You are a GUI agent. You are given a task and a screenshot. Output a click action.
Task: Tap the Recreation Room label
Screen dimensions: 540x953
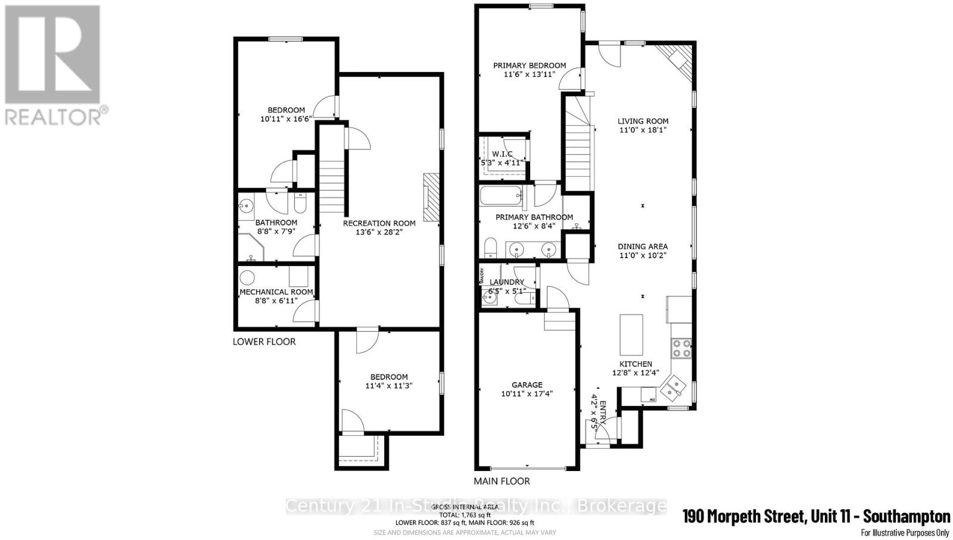379,223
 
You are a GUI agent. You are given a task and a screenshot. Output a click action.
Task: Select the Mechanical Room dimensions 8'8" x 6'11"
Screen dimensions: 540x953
276,301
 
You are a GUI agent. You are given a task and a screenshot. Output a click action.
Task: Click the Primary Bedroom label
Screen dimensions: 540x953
530,65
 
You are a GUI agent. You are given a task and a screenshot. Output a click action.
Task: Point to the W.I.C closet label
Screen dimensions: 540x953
502,154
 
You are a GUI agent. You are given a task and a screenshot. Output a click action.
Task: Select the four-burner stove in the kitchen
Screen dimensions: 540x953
681,348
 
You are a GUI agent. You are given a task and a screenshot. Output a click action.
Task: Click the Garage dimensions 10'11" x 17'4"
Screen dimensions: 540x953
527,393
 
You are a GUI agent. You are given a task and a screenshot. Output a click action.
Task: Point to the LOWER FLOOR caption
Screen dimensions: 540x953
264,342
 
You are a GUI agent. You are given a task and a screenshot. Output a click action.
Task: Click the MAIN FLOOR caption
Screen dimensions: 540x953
502,481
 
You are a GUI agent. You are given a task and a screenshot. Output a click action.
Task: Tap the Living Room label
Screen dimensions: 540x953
643,121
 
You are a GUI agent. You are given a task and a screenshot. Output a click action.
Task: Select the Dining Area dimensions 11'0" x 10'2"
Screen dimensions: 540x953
642,255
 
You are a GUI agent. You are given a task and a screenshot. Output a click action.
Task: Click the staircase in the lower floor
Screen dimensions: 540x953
332,179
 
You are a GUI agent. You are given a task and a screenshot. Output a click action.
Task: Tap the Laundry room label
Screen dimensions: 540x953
507,282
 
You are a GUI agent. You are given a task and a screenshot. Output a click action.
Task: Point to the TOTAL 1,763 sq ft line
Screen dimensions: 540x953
465,515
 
